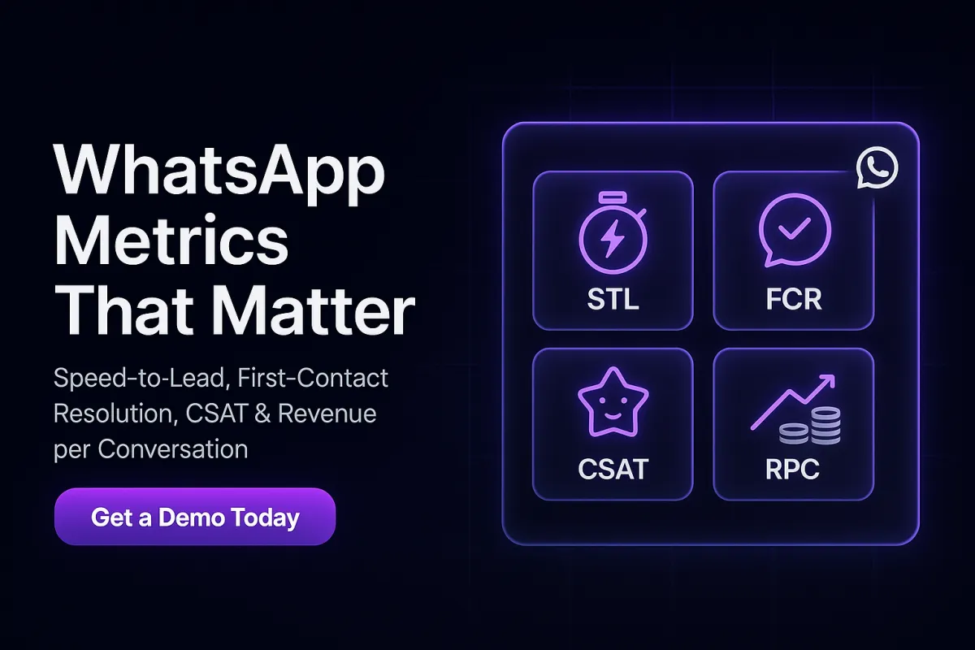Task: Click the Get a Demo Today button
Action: tap(194, 517)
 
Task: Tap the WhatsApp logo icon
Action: tap(877, 168)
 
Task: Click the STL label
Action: tap(613, 299)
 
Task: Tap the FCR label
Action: tap(793, 299)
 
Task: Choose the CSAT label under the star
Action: tap(613, 469)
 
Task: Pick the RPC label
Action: tap(793, 469)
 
